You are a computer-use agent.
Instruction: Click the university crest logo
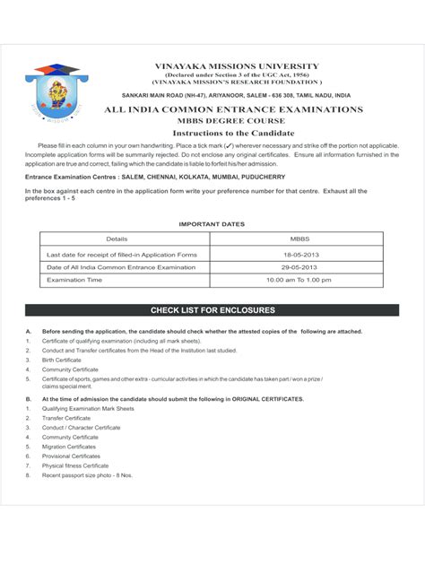point(56,93)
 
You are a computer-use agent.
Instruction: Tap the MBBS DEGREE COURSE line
point(236,120)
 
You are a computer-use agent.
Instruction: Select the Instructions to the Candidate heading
point(235,133)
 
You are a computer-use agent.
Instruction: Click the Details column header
point(117,239)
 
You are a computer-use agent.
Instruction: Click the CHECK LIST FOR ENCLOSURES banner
point(212,310)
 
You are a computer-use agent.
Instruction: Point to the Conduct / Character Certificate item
point(81,428)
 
